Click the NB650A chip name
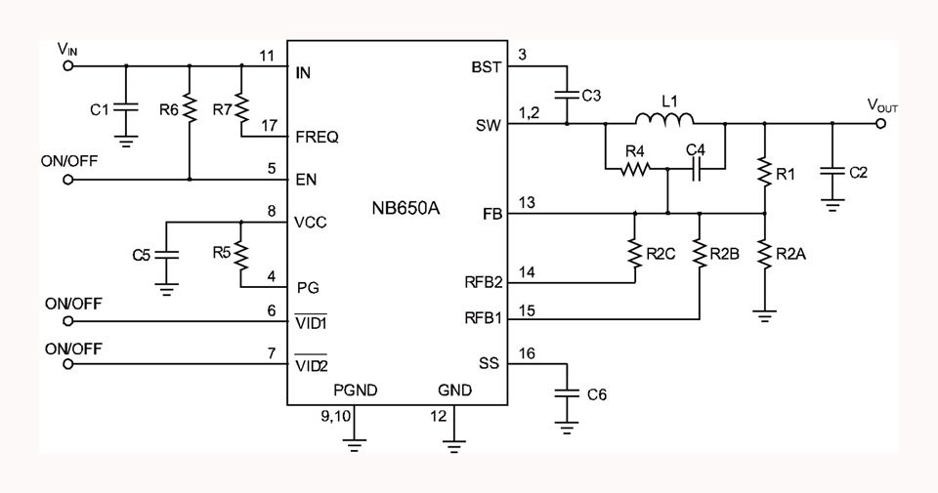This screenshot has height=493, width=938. (x=405, y=209)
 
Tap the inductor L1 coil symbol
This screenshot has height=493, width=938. (x=664, y=119)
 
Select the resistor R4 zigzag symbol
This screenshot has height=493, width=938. (x=635, y=170)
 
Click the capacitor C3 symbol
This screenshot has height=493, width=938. (x=567, y=95)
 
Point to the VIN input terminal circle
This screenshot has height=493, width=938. (x=68, y=65)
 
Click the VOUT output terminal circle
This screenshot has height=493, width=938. (x=879, y=124)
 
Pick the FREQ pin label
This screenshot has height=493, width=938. (x=317, y=138)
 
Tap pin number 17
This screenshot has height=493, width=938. (x=270, y=126)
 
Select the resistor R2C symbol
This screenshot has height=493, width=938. (x=635, y=254)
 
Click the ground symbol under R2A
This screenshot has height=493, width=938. (x=764, y=315)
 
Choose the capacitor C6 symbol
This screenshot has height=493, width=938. (x=567, y=393)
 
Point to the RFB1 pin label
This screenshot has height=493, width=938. (x=484, y=318)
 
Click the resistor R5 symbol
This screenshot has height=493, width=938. (x=241, y=254)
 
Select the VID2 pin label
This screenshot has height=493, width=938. (x=312, y=364)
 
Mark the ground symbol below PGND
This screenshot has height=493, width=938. (x=355, y=445)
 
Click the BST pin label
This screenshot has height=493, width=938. (x=486, y=67)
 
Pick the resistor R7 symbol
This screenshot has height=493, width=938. (x=241, y=108)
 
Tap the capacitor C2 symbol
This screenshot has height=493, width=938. (x=832, y=171)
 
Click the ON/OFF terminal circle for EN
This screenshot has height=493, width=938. (x=68, y=180)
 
